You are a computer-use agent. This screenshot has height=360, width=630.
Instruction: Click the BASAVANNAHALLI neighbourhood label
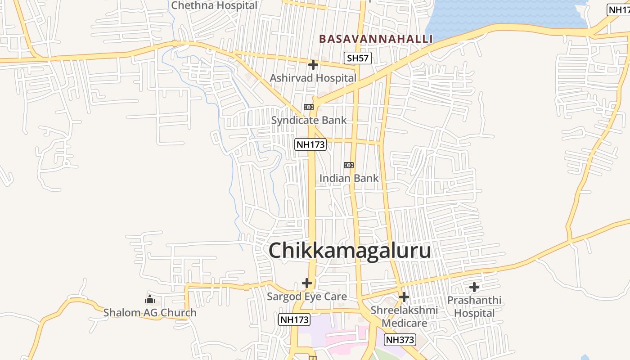click(x=376, y=39)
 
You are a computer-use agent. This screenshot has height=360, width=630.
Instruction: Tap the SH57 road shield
click(x=358, y=58)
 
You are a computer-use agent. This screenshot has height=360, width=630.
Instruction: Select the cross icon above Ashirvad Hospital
click(x=313, y=65)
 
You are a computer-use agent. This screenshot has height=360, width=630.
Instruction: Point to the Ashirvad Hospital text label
click(x=313, y=78)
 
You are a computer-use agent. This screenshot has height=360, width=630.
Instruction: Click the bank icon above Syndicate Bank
click(x=308, y=107)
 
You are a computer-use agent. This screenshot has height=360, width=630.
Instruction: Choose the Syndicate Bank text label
click(x=309, y=120)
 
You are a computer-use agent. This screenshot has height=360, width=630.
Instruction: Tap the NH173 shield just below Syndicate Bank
click(x=310, y=144)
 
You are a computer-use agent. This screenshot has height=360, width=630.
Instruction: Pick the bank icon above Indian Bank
click(x=349, y=165)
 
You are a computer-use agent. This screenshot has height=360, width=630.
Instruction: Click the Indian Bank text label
click(x=349, y=178)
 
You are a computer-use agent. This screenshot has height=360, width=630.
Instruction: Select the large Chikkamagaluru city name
click(x=350, y=251)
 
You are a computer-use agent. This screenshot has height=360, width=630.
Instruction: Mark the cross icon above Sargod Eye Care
click(x=307, y=283)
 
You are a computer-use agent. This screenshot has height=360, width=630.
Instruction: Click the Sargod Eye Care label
click(x=307, y=297)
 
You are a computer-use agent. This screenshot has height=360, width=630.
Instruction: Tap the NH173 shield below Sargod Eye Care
click(x=294, y=319)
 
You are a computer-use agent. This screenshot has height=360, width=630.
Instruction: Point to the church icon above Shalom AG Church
click(x=150, y=299)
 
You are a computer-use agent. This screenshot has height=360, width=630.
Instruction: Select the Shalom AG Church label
click(x=150, y=312)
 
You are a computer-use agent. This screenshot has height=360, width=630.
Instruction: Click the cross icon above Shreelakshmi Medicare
click(x=404, y=297)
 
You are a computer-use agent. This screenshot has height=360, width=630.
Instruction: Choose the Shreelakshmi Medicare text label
click(x=404, y=317)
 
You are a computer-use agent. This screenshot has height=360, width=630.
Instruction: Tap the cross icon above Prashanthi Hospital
click(x=474, y=287)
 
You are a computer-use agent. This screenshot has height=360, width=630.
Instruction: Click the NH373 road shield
click(x=400, y=339)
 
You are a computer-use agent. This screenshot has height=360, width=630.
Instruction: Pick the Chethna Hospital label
click(x=214, y=5)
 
